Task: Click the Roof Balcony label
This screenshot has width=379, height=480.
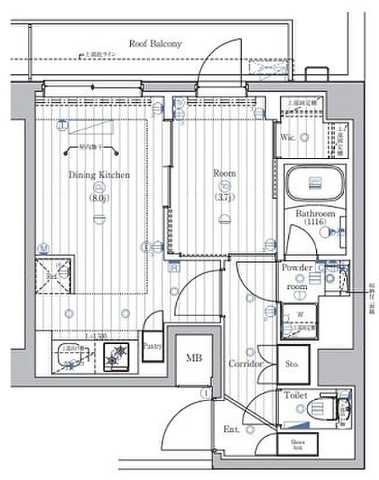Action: click(155, 43)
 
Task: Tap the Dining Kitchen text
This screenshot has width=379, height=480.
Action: click(99, 174)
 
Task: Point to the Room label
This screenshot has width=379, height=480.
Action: click(224, 173)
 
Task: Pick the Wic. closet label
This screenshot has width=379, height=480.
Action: click(289, 138)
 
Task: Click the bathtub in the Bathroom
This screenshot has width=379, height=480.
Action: click(314, 184)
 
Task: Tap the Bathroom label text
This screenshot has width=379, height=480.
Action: click(316, 214)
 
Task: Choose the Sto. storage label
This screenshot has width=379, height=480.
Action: click(292, 364)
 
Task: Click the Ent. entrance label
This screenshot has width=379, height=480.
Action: click(232, 431)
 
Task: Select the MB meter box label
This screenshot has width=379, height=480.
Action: click(194, 359)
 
